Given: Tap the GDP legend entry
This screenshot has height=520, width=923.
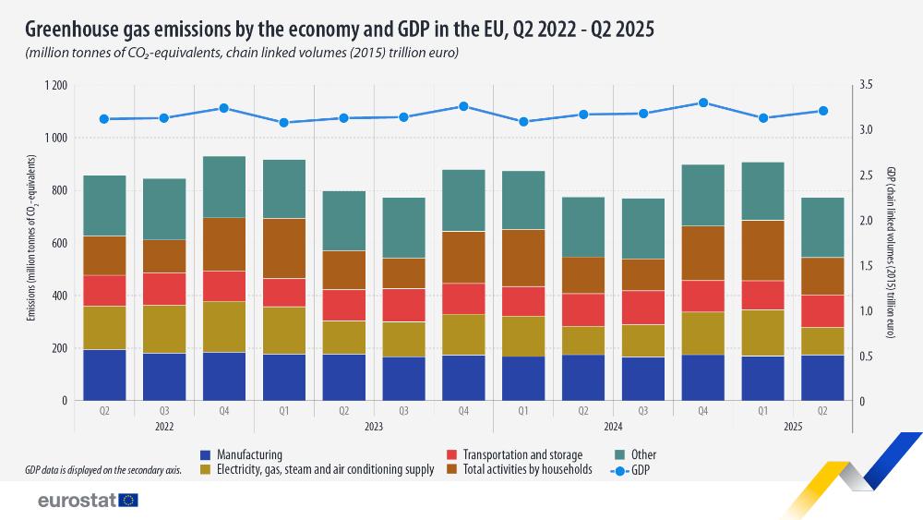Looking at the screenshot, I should tap(636, 469).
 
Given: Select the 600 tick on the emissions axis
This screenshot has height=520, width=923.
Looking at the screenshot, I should tap(59, 243).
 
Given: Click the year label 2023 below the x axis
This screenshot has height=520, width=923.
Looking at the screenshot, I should tap(373, 427).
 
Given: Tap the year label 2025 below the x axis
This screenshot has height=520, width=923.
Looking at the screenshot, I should tap(792, 427).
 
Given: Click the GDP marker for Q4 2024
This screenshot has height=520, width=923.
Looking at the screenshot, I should tap(703, 103).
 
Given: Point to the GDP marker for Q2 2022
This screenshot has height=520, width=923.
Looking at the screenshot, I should tap(103, 119).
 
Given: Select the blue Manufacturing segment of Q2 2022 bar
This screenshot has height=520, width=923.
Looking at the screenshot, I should tap(103, 375).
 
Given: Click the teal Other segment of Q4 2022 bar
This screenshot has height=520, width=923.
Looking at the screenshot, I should tap(223, 187).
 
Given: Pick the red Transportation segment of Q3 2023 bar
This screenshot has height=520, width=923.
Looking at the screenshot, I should tap(403, 305).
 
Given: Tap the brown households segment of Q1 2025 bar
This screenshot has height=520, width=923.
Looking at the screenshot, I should tap(763, 250).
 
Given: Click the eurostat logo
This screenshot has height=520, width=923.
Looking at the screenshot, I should tap(88, 501).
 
